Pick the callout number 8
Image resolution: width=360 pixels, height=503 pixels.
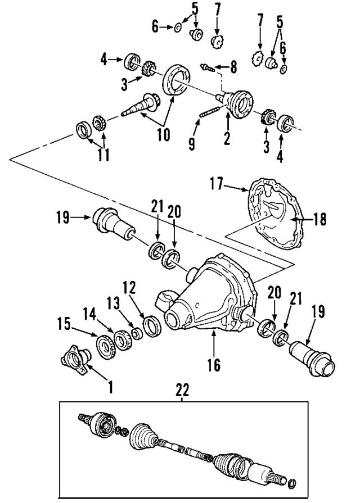(x=233, y=69)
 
